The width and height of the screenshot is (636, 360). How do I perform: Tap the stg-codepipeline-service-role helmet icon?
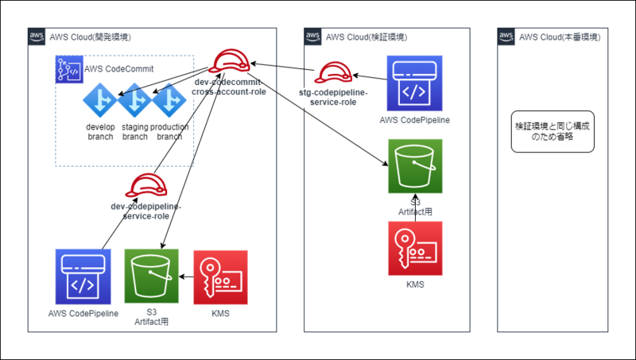332,74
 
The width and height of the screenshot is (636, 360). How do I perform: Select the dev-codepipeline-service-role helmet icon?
146,186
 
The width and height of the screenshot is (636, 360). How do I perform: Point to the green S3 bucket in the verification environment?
415,166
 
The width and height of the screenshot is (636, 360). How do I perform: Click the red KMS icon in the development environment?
220,277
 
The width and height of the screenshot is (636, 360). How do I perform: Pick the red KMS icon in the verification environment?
415,248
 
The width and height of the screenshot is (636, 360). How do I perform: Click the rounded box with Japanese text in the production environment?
549,132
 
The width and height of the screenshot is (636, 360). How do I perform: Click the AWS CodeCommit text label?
118,68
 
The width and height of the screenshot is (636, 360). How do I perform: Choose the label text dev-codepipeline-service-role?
146,211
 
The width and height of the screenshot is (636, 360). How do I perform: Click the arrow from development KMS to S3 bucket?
186,277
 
